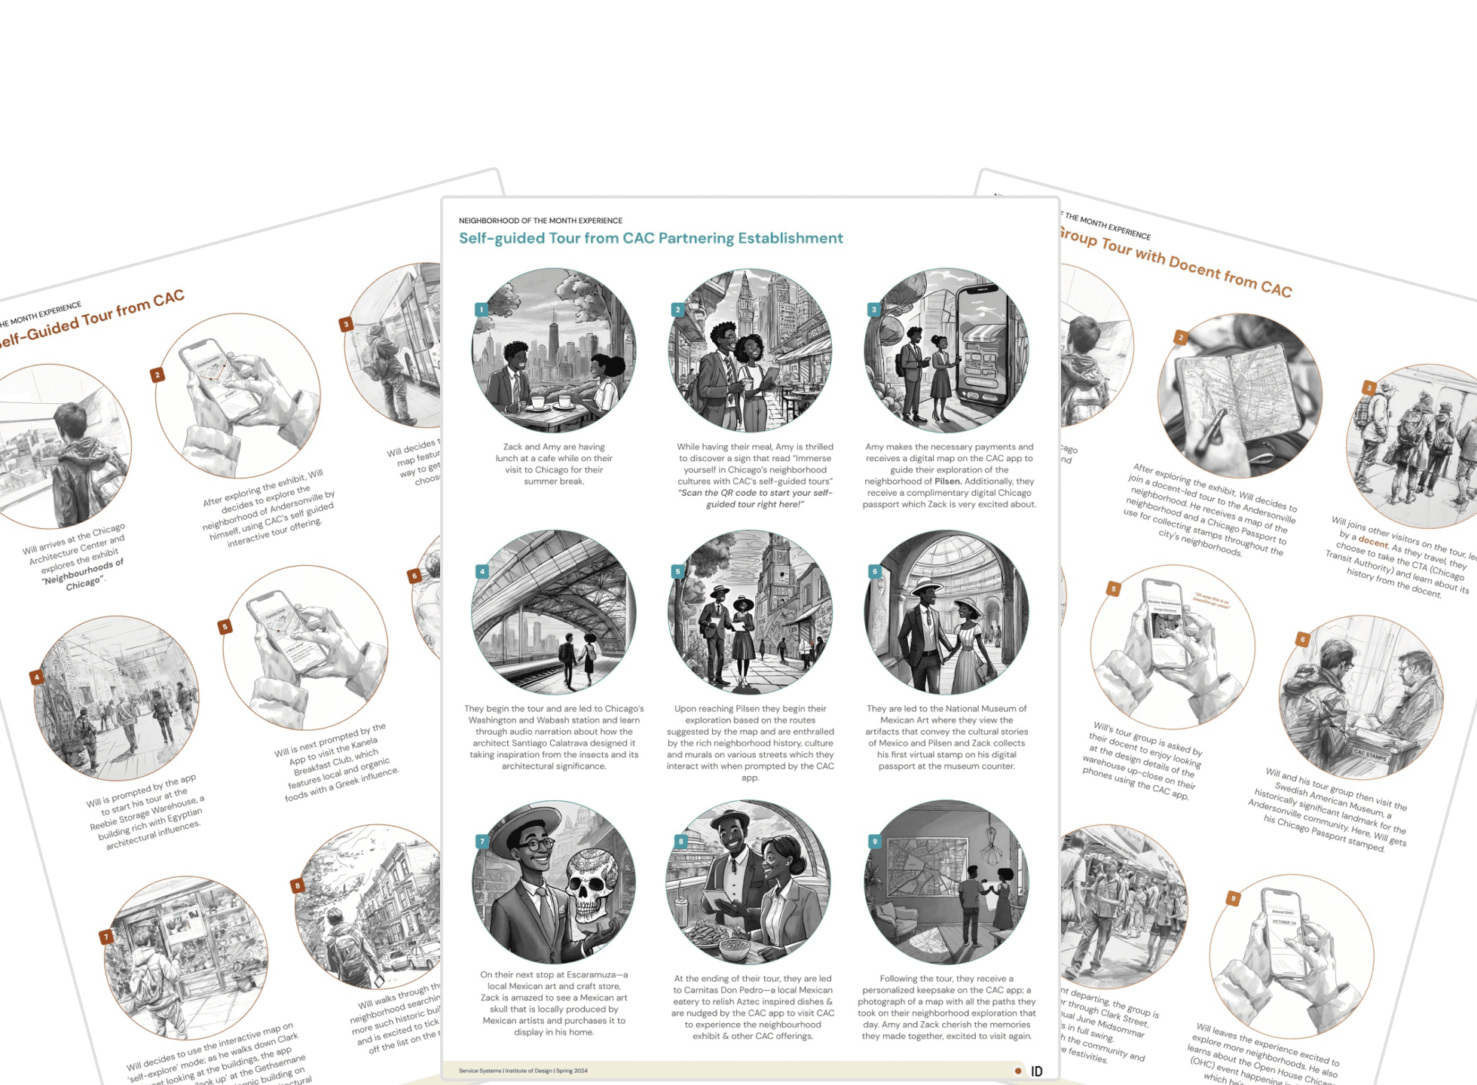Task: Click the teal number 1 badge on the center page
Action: tap(482, 310)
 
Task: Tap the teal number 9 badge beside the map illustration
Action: tap(874, 841)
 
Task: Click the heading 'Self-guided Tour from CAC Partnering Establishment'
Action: tap(650, 238)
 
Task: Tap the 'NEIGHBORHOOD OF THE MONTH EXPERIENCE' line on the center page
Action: tap(540, 221)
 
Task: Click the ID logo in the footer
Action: tap(1037, 1071)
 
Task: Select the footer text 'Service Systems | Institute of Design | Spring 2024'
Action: tap(523, 1071)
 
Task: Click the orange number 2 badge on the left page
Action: tap(157, 374)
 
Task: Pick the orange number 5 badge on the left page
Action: tap(225, 627)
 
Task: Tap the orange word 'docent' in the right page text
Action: tap(1372, 542)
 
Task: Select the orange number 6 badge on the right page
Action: tap(1302, 640)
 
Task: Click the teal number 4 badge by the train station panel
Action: tap(482, 572)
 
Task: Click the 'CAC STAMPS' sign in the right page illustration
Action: tap(1370, 754)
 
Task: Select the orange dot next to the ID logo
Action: tap(1018, 1071)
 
